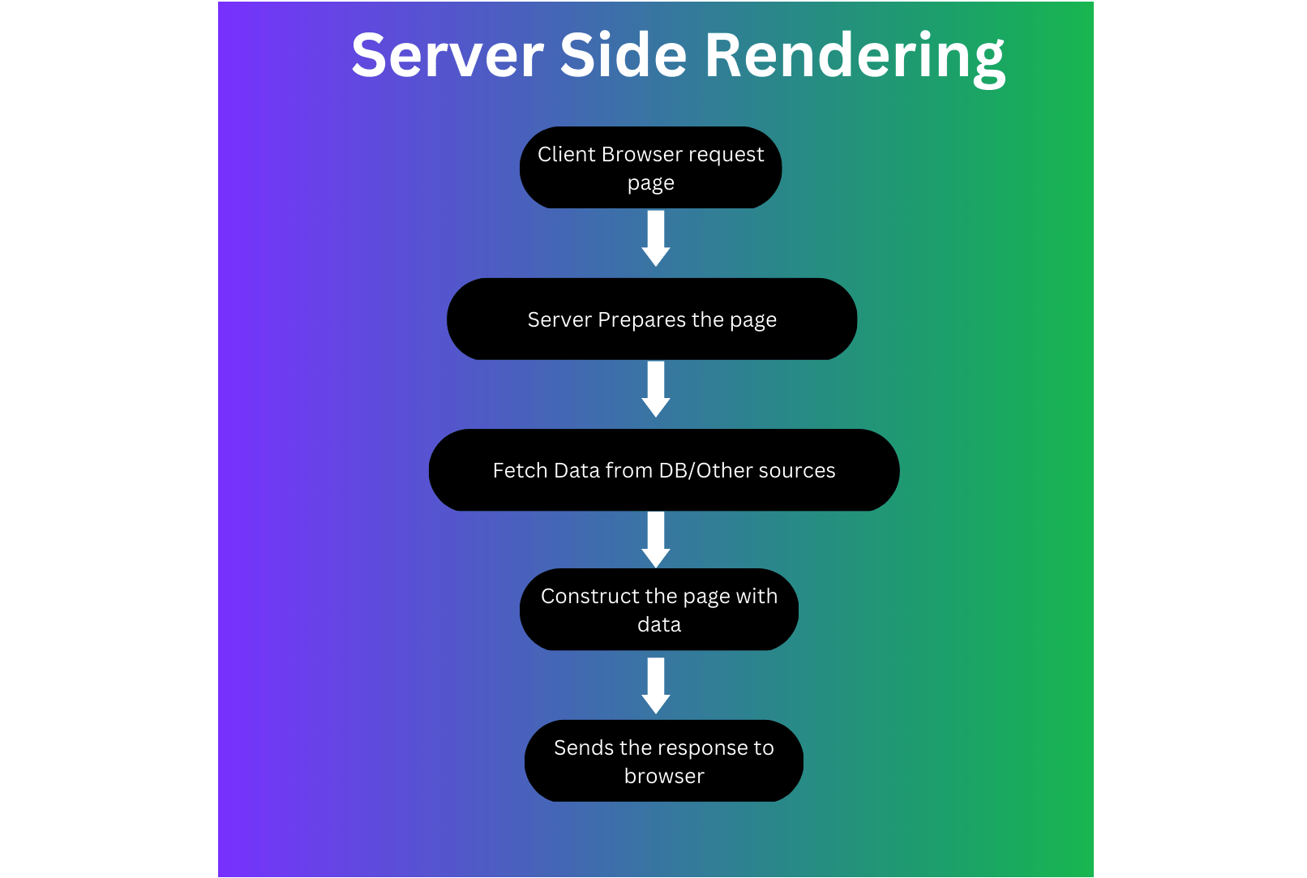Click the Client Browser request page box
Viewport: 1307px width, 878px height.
[650, 168]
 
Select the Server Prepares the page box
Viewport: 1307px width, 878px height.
[651, 319]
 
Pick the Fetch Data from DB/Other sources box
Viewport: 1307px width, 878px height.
[663, 470]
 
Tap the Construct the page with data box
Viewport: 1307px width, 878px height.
[658, 610]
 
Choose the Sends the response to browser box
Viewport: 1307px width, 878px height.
[663, 761]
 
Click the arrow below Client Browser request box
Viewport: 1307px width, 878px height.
[656, 238]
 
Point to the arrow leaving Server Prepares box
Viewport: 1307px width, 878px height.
[656, 388]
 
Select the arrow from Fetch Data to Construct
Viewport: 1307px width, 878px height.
[656, 539]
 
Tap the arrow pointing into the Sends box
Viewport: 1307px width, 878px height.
[656, 685]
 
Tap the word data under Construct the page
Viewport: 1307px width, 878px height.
[659, 624]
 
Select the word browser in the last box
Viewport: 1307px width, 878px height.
[664, 776]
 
